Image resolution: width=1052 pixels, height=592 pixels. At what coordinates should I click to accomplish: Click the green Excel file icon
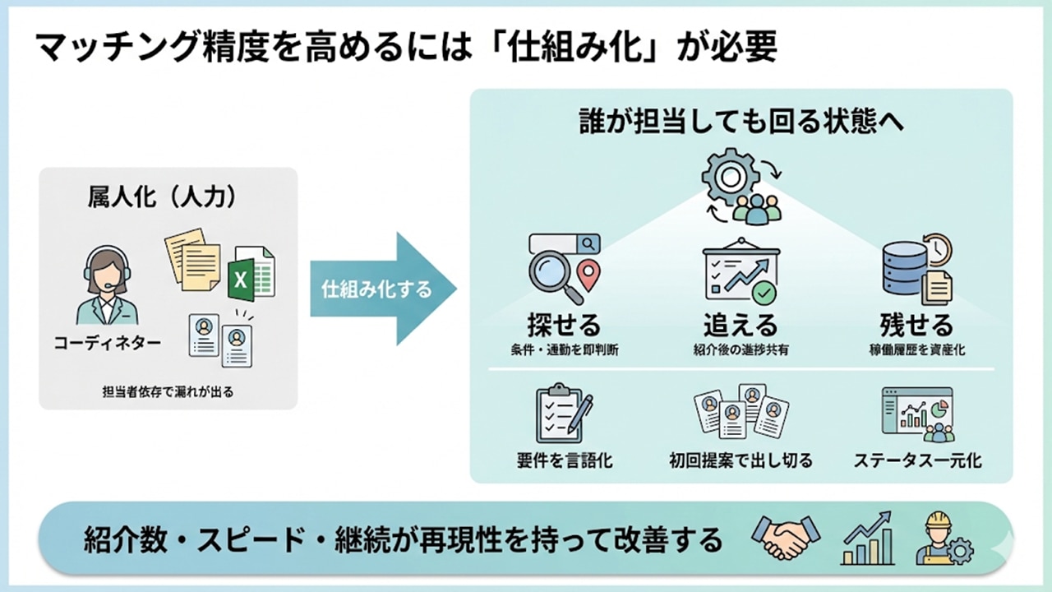(x=251, y=273)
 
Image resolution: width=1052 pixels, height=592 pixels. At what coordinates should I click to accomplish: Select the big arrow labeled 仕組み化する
(x=383, y=289)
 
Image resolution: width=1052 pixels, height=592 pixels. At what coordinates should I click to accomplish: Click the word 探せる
(x=564, y=324)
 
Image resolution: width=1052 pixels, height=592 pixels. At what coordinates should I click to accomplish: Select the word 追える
(x=740, y=324)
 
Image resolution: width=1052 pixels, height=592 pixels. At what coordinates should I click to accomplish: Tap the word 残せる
(x=916, y=324)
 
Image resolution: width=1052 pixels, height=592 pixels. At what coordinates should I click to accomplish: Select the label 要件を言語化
(x=564, y=460)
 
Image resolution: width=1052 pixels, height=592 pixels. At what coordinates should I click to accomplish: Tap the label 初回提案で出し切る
(x=741, y=460)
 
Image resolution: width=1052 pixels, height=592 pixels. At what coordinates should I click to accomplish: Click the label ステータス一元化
(x=916, y=460)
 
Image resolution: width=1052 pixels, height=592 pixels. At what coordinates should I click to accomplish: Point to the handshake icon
(x=785, y=539)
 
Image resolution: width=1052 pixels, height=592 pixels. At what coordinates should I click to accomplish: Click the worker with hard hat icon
(x=944, y=539)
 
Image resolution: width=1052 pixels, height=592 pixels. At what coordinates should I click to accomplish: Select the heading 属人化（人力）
(x=168, y=197)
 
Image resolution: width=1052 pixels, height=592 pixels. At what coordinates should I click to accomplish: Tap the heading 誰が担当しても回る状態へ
(x=741, y=121)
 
